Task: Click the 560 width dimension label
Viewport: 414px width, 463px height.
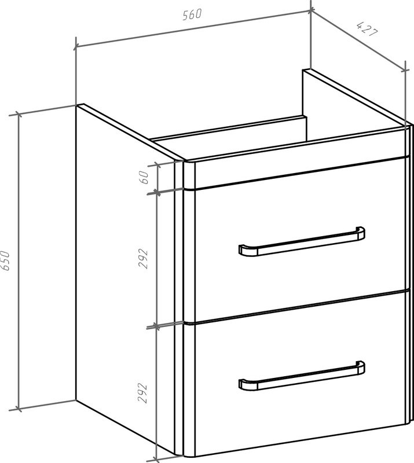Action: click(192, 14)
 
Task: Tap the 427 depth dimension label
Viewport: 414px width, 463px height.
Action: click(367, 29)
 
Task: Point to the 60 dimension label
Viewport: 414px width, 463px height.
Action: click(144, 177)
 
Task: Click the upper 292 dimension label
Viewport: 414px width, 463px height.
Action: click(143, 258)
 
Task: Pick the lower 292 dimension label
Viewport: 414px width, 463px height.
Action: click(142, 393)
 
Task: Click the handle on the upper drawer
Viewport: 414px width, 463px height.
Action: click(302, 241)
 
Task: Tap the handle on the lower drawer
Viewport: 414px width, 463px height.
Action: click(302, 376)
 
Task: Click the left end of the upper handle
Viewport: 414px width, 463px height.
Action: click(240, 250)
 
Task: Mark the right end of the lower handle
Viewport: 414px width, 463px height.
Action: click(363, 368)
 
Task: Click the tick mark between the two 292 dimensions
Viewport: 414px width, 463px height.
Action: click(156, 326)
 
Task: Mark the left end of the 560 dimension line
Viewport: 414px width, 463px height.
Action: click(76, 46)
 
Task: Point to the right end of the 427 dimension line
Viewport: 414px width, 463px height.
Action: click(405, 70)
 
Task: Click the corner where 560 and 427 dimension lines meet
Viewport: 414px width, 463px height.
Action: click(310, 10)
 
